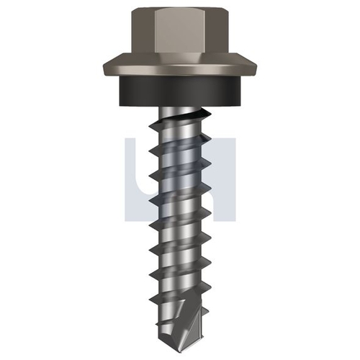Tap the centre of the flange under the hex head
click(180, 66)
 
